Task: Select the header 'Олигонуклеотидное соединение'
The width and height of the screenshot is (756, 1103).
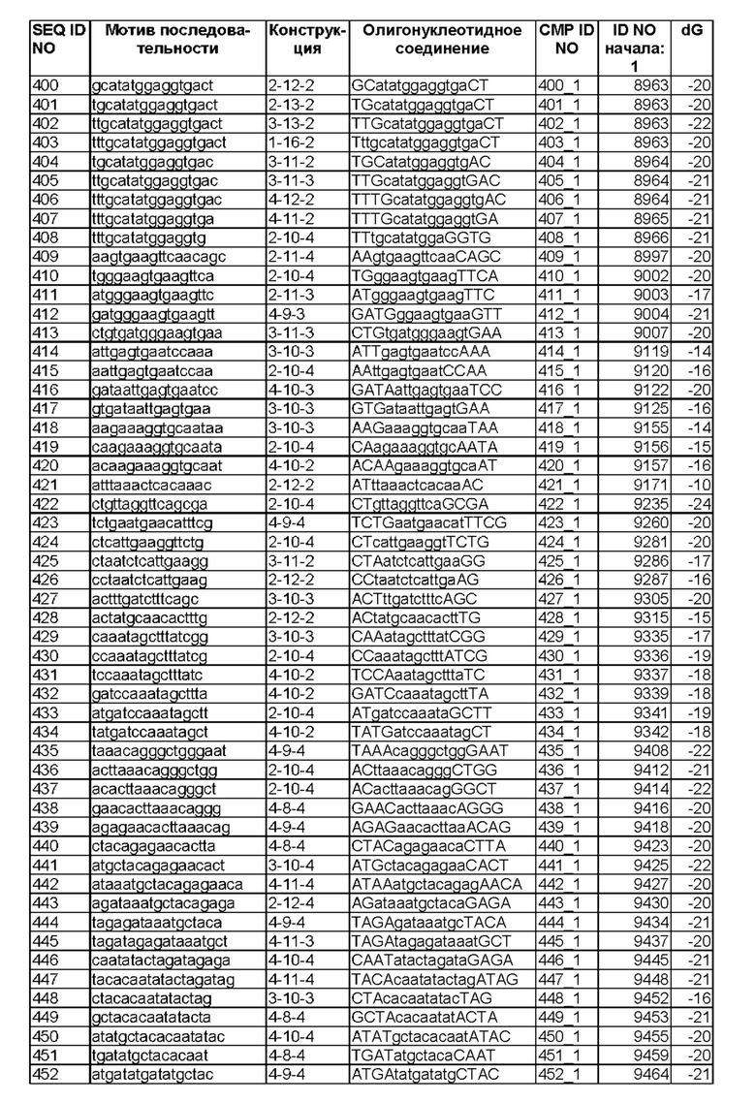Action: tap(442, 40)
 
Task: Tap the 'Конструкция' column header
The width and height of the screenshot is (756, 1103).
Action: tap(305, 40)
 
